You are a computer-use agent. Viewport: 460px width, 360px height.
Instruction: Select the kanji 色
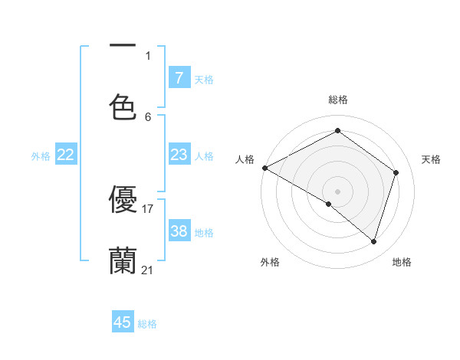click(x=123, y=106)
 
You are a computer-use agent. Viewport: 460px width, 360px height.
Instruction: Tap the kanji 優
click(x=123, y=199)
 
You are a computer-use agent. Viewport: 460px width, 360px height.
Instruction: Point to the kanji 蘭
click(x=123, y=260)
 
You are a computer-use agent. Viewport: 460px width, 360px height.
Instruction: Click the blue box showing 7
click(x=179, y=77)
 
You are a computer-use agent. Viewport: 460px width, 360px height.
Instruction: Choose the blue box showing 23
click(x=179, y=155)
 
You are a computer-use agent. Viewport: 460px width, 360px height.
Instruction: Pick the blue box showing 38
click(x=179, y=231)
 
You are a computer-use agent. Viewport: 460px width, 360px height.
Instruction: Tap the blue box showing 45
click(x=123, y=322)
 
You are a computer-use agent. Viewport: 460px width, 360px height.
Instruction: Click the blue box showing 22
click(x=65, y=155)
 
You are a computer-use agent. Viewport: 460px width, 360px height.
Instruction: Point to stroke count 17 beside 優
click(x=148, y=208)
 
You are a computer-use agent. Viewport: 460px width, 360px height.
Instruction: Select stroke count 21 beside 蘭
click(x=148, y=270)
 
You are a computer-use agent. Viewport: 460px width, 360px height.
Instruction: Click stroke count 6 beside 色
click(x=148, y=116)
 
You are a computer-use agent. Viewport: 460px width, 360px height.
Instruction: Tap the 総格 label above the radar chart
click(x=338, y=100)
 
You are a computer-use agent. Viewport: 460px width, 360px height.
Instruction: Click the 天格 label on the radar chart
click(x=432, y=159)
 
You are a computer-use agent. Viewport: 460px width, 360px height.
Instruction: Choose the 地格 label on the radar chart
click(x=402, y=262)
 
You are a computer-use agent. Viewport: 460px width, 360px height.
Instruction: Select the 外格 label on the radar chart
click(x=270, y=262)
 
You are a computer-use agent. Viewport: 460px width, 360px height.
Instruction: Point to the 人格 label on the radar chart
click(x=245, y=159)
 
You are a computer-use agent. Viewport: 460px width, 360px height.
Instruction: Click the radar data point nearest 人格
click(x=264, y=168)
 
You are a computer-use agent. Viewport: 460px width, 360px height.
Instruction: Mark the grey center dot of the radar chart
click(x=338, y=191)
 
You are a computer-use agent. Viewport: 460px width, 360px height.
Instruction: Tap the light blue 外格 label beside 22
click(x=41, y=155)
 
